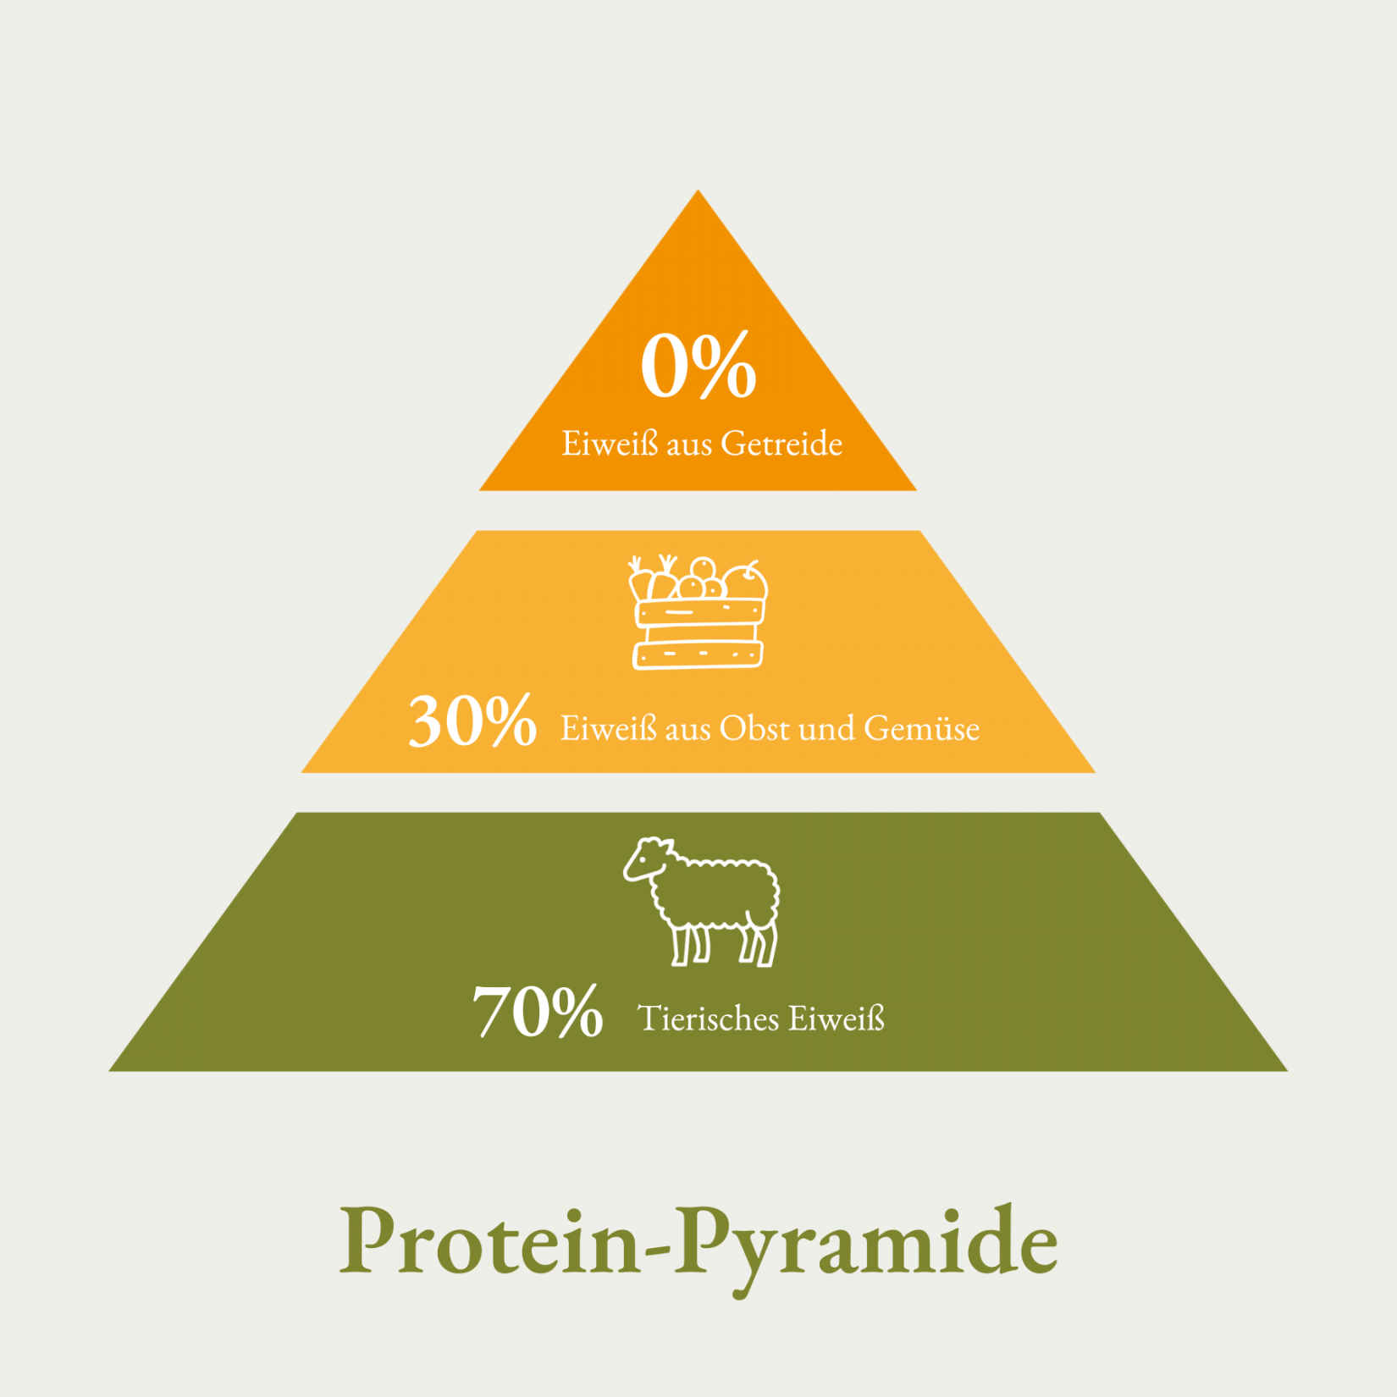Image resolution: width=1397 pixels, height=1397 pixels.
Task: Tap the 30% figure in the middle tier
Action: pos(472,721)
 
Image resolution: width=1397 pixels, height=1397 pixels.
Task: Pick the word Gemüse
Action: pos(922,728)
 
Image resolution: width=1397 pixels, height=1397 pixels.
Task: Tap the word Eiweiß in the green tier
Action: pos(837,1019)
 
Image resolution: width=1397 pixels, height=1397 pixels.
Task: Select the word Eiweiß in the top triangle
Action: pos(610,444)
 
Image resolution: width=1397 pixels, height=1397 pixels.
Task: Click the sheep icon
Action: pos(702,902)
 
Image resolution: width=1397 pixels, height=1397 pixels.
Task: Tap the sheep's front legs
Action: pos(691,944)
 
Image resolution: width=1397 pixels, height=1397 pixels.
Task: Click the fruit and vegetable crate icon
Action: pos(698,612)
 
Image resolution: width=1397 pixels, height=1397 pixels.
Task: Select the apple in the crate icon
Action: pos(745,582)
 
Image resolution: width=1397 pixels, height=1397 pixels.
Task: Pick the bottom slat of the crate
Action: pos(698,654)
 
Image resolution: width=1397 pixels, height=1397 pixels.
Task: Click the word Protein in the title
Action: pos(490,1242)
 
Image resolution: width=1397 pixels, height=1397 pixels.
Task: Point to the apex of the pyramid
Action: pos(698,190)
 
